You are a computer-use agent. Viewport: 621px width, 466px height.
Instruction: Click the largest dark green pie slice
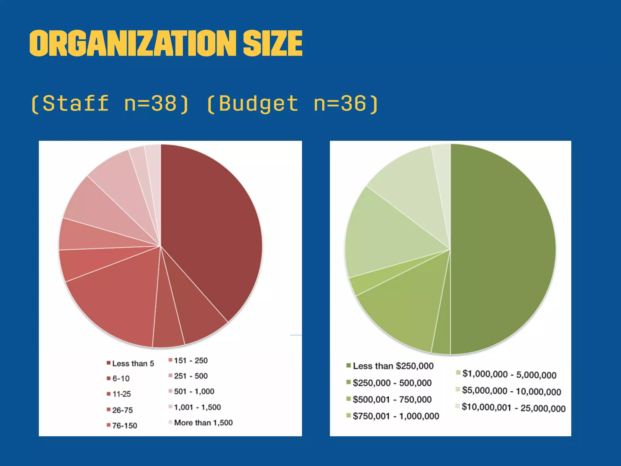(x=503, y=249)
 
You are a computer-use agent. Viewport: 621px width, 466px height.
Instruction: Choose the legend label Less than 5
(x=133, y=363)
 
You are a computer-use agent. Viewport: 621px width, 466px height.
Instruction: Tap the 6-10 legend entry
(x=121, y=379)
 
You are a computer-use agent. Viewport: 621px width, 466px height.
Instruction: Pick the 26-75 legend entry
(x=122, y=410)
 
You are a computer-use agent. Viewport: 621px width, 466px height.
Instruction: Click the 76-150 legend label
(x=124, y=426)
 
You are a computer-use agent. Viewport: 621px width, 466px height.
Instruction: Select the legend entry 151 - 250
(x=190, y=360)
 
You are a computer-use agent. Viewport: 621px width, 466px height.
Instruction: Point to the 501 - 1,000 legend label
(x=194, y=391)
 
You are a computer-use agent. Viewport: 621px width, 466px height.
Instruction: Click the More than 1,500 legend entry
(x=203, y=423)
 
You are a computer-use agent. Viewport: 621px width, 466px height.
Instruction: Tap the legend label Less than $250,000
(x=393, y=366)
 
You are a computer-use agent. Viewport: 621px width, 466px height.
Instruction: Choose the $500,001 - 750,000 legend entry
(x=392, y=400)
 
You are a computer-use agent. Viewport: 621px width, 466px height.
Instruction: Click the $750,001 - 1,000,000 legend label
(x=396, y=416)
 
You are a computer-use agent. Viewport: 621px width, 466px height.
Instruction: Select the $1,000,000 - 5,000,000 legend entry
(x=509, y=374)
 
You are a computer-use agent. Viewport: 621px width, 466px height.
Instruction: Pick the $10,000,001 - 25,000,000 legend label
(x=513, y=408)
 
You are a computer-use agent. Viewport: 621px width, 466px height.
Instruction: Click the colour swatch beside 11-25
(x=109, y=394)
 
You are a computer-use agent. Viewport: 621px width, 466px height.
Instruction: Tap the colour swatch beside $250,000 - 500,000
(x=349, y=382)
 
